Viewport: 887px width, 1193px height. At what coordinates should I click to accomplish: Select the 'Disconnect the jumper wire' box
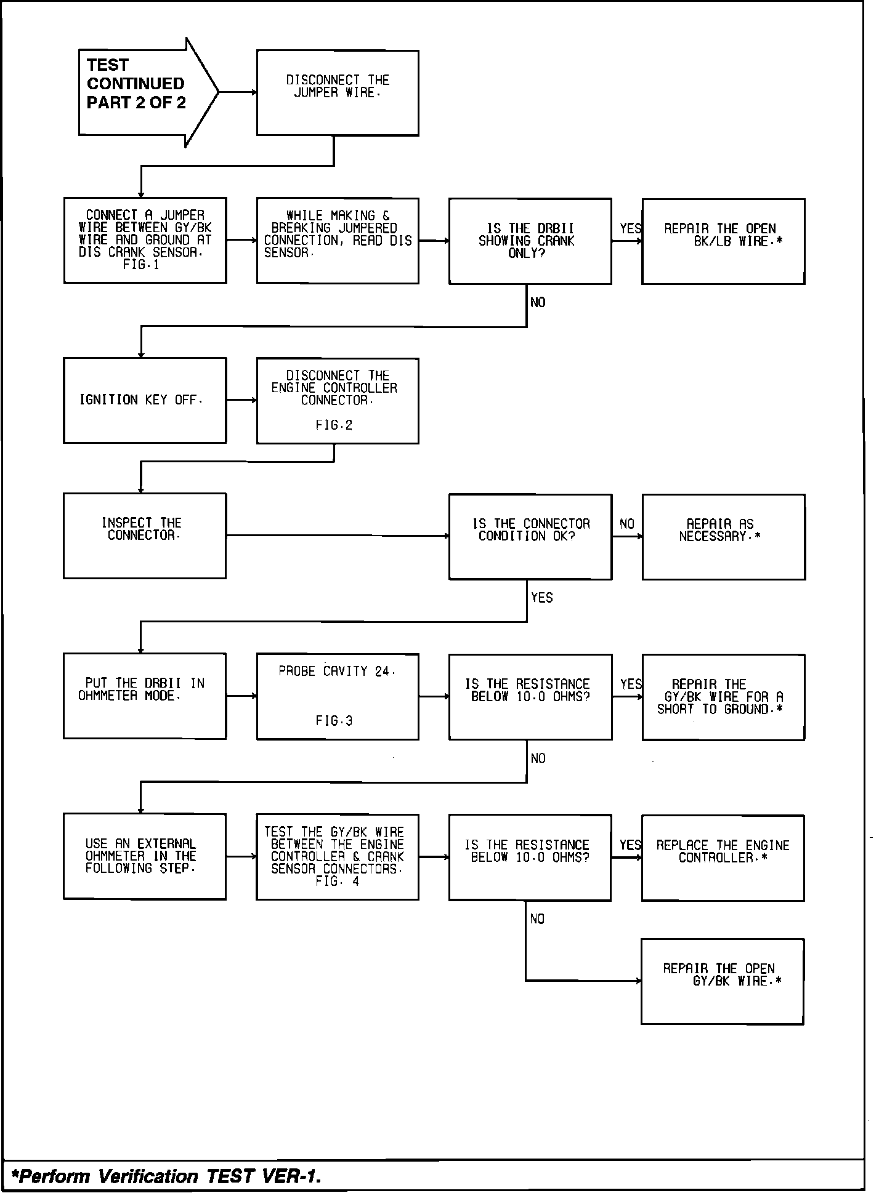point(338,92)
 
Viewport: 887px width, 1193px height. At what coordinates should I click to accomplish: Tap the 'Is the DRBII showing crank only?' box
point(530,241)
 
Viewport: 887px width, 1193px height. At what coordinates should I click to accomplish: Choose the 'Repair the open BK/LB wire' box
point(723,241)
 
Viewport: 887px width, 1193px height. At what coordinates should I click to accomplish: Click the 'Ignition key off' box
point(145,400)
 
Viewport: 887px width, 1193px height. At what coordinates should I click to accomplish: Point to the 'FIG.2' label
point(334,425)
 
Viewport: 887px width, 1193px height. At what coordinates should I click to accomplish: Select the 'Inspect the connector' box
point(145,536)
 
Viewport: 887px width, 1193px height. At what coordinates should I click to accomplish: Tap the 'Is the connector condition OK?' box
point(530,536)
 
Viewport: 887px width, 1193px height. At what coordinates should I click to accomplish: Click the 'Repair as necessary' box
point(723,536)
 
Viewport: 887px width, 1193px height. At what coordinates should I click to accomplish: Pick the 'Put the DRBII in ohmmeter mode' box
point(145,696)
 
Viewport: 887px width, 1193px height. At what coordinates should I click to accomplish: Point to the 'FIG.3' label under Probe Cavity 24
point(334,721)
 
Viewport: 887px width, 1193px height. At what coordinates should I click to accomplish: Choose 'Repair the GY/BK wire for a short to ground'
point(723,697)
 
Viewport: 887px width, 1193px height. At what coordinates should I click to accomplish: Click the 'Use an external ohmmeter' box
point(145,856)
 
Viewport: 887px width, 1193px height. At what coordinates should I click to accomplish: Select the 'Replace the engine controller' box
point(723,858)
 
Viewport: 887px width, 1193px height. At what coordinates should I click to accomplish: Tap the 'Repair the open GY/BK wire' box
point(722,981)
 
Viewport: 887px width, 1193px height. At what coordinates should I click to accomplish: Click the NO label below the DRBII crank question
point(538,303)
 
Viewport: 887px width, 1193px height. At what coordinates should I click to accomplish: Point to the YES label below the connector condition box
point(542,598)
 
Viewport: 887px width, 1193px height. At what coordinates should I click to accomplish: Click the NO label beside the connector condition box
point(627,524)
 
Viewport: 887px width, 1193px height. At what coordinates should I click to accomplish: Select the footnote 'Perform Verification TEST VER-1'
point(169,1176)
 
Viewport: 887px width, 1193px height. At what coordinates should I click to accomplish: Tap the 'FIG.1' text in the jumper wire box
point(141,265)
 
